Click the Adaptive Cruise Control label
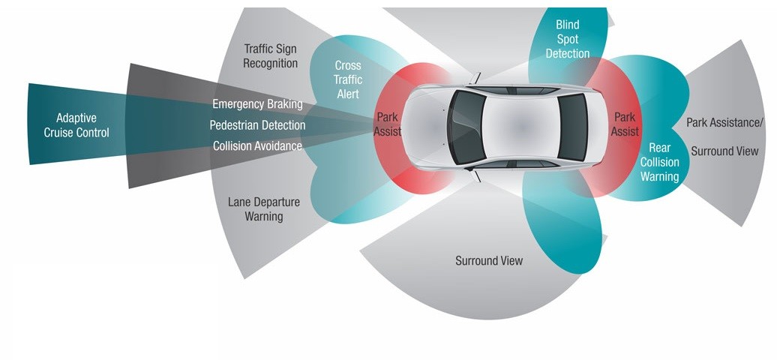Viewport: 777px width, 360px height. pos(82,125)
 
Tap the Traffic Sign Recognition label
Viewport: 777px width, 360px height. pos(270,56)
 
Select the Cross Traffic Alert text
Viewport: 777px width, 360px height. pos(348,79)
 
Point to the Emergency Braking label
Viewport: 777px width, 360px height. pos(257,103)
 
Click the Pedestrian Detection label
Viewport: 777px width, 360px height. pos(257,124)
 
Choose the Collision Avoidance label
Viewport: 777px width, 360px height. pos(257,145)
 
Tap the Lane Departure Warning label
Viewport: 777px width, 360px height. pos(263,209)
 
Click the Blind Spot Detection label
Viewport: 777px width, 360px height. pos(567,39)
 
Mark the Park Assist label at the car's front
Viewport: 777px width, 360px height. pos(388,124)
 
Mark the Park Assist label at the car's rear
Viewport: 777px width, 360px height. pos(625,124)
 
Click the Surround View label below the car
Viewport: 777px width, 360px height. pos(489,260)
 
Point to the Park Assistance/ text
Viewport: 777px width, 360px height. pos(724,121)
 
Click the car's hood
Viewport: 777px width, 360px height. pos(427,125)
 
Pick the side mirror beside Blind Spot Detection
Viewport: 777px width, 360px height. pos(474,77)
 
